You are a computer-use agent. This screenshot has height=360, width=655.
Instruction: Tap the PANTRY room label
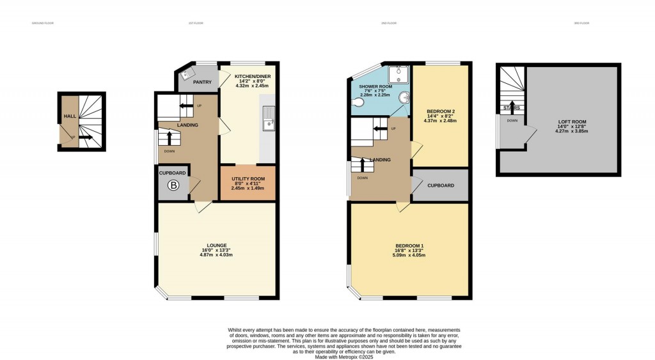(x=202, y=82)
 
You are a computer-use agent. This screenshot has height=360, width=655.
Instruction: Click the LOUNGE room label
(x=216, y=245)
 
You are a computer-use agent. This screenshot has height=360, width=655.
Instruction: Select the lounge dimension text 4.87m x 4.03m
(x=216, y=254)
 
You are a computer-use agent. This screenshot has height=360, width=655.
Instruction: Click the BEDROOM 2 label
(x=441, y=111)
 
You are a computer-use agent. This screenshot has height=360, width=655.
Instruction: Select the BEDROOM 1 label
(x=409, y=246)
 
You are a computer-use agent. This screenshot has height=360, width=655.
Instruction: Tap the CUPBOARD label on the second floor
(x=441, y=185)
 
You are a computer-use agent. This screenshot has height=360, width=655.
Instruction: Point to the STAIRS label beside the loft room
(x=512, y=108)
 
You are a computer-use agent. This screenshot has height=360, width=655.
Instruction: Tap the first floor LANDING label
(x=187, y=125)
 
